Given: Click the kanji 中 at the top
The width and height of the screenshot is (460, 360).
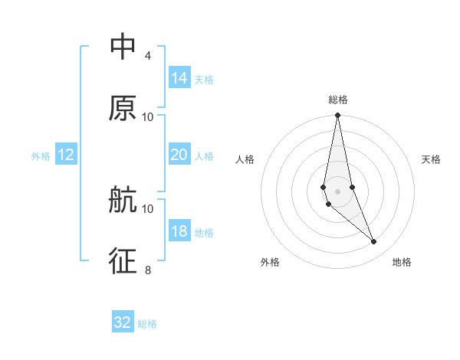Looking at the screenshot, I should point(123,47).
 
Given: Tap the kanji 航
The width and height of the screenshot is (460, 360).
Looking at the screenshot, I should point(123,201).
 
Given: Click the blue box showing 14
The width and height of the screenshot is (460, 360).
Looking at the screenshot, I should point(179,78).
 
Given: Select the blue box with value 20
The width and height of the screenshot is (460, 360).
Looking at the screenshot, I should point(179,155).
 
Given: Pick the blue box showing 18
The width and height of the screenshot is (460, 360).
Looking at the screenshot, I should point(179,231).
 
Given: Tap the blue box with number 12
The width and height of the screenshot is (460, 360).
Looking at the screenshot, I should point(66,155).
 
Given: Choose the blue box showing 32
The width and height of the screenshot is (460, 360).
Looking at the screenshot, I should point(123,322).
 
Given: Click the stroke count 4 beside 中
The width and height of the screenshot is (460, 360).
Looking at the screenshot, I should point(147,55).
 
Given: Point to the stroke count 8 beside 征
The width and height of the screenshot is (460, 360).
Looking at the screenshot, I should point(147,270).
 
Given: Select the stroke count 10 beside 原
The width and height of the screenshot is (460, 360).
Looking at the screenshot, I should point(147,116).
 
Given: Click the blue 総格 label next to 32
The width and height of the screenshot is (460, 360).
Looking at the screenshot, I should point(147,324).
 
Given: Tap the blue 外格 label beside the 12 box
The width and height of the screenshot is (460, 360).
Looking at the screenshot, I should point(41,156).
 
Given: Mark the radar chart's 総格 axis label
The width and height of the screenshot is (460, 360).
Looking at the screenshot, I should point(337,100).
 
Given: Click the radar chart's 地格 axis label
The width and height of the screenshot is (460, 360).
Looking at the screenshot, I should point(402,262).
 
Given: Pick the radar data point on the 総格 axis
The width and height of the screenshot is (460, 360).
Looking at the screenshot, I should point(337,116).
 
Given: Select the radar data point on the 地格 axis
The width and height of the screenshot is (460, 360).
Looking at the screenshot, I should point(374,242).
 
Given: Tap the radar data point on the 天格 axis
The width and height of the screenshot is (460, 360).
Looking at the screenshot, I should point(352,187).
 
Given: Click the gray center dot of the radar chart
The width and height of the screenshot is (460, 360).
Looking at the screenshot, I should point(337,191).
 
